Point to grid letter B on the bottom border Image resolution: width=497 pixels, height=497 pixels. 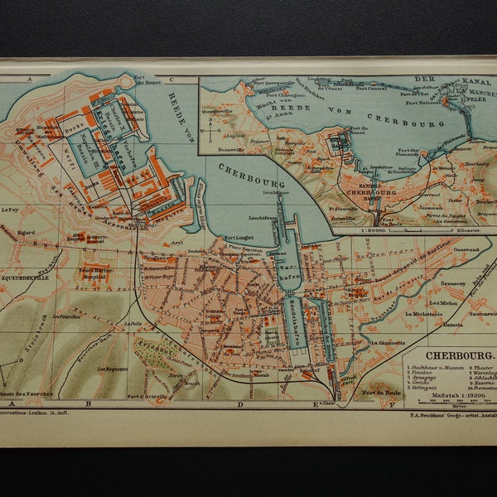click(88, 403)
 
